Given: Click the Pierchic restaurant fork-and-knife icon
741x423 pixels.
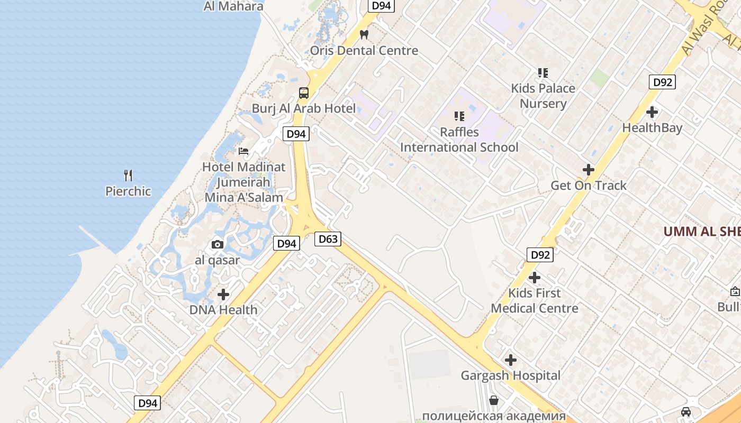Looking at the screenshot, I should [128, 175].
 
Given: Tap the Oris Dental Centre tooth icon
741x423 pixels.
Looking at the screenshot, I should [364, 35].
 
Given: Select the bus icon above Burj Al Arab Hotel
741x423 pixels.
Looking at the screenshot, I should [304, 93].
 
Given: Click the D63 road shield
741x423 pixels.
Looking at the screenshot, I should [328, 239].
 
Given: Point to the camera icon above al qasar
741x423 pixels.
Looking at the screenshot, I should [217, 244].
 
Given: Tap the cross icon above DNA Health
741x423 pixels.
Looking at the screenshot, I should [223, 294].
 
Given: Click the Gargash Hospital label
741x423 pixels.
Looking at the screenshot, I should [510, 375].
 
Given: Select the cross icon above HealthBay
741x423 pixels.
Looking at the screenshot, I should [652, 112].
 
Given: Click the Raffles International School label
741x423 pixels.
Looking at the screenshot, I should [459, 140].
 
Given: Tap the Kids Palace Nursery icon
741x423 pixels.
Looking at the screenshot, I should [543, 72].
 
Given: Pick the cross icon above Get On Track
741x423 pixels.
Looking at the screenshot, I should [588, 170].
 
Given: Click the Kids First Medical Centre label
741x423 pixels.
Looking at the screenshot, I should [535, 300].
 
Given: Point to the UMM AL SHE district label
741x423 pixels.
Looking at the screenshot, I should [702, 232].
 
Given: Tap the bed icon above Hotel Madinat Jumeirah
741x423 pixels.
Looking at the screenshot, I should [243, 151].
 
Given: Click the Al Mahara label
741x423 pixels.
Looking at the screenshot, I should [233, 6].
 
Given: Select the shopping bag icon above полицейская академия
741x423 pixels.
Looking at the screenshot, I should [494, 400].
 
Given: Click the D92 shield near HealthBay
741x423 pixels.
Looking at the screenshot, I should [662, 82].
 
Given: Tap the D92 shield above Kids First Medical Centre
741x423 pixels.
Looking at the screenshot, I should [540, 255].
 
